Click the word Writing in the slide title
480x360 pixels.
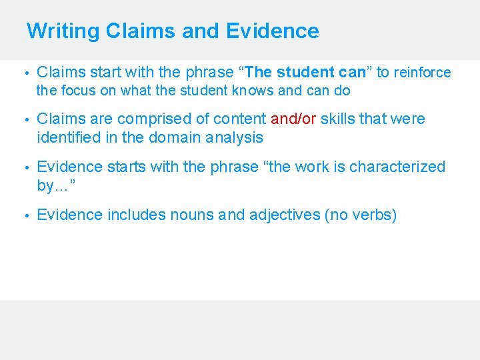[x=63, y=31]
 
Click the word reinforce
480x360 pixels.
[x=423, y=72]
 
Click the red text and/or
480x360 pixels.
[x=294, y=119]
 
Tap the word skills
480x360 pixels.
[x=340, y=119]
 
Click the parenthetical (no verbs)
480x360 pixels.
[x=359, y=215]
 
